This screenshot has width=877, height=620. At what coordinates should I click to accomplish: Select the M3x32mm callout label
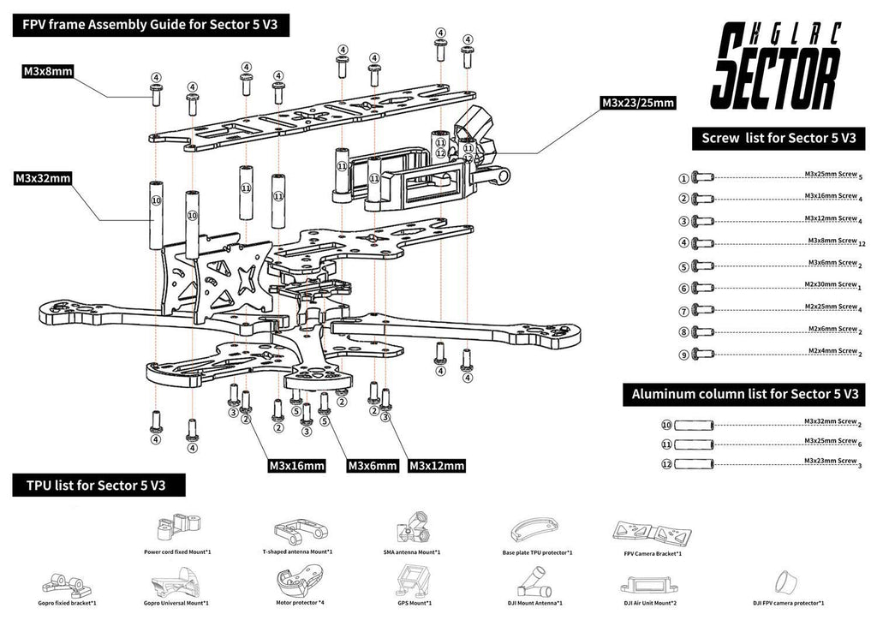42,179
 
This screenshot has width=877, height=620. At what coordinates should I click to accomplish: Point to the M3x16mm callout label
296,466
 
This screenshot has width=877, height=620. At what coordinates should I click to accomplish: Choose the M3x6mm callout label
372,466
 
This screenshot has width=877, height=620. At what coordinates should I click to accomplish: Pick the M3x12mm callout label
437,466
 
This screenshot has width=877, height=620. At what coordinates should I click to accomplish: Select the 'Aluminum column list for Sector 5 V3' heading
743,395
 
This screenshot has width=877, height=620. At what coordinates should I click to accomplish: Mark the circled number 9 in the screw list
683,354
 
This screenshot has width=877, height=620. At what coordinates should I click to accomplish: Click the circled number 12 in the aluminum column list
667,464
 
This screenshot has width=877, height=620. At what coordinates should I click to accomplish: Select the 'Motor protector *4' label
297,604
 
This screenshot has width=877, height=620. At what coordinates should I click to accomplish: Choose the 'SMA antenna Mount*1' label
412,552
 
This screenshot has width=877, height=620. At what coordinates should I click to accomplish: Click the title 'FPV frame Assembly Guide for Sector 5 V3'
151,25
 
